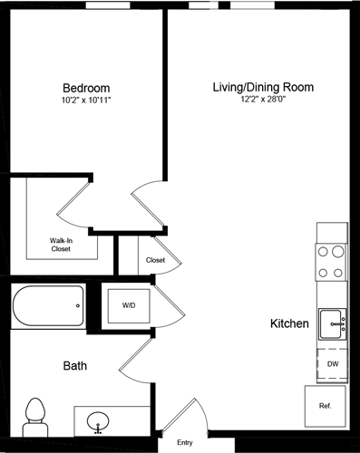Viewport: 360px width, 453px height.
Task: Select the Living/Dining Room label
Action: (262, 88)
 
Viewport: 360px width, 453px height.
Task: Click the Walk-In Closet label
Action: (61, 244)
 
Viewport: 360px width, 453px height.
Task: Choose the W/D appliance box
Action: (129, 306)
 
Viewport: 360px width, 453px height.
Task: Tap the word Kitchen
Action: (289, 323)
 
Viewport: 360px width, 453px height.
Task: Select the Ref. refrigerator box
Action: (325, 406)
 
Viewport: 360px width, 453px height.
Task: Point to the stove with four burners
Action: (331, 262)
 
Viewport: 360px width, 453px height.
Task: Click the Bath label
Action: (74, 367)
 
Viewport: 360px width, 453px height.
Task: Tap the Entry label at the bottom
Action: (185, 443)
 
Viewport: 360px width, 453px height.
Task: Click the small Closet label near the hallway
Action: (155, 260)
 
